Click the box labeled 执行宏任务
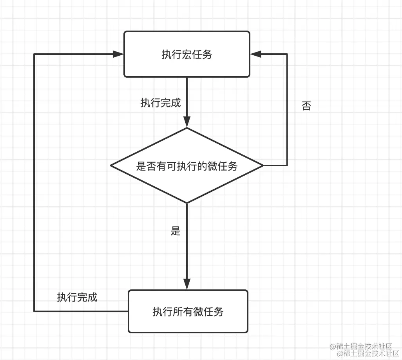[187, 54]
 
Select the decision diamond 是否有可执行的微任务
[187, 165]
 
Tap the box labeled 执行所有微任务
[188, 311]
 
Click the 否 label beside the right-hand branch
[306, 106]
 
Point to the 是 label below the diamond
[176, 231]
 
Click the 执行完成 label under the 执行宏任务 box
[161, 103]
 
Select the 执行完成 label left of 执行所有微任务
[77, 297]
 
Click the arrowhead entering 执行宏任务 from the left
[119, 54]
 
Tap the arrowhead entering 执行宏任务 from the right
[255, 54]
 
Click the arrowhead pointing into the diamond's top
[187, 123]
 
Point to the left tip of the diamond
[111, 165]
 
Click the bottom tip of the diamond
[187, 203]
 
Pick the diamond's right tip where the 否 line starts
[263, 165]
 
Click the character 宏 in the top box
[187, 55]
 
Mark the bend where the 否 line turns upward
[287, 165]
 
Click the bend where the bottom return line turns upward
[34, 311]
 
